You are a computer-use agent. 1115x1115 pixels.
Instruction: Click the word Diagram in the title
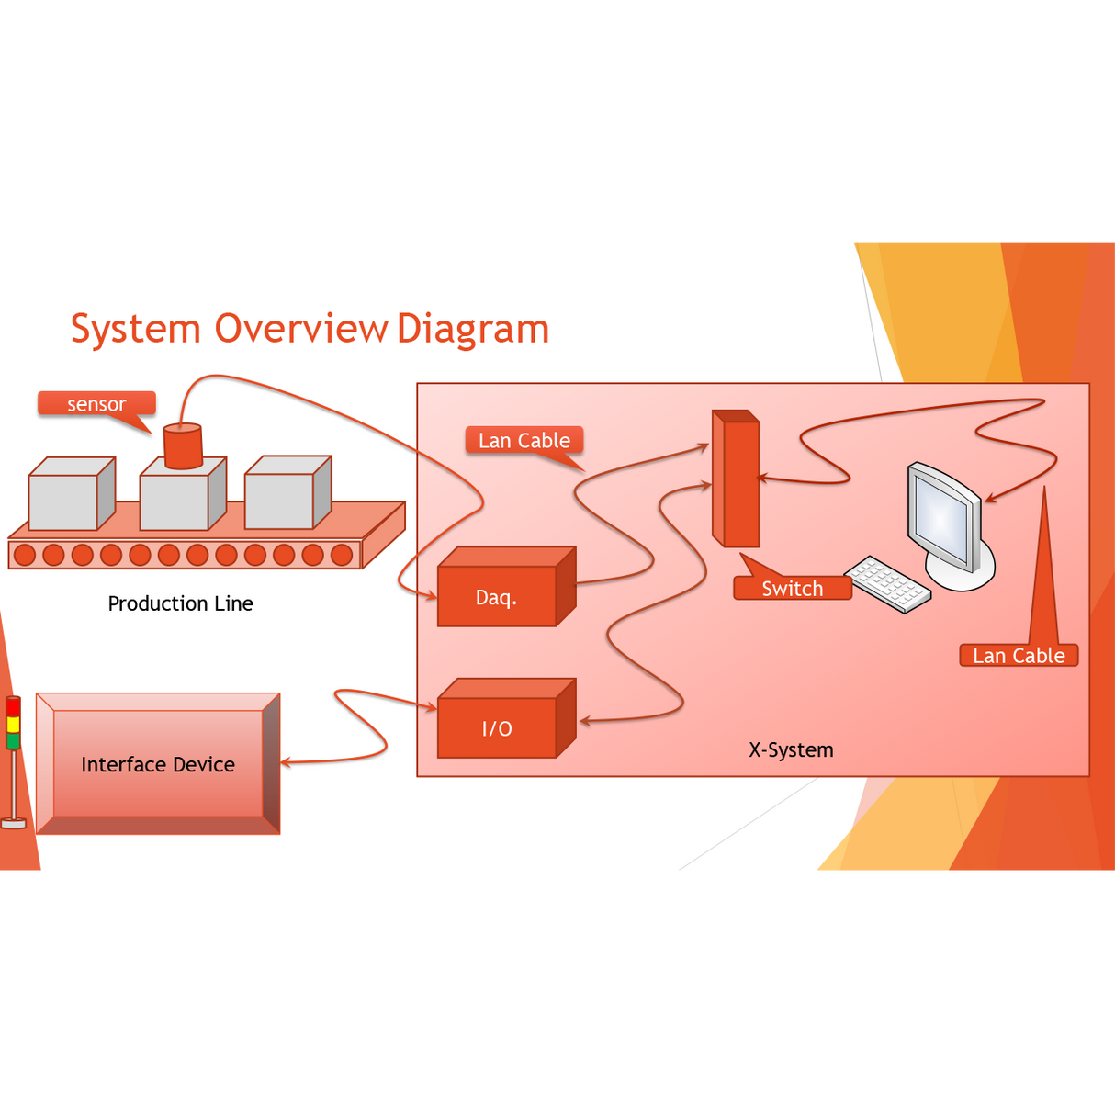(473, 329)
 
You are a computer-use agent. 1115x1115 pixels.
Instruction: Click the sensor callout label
(96, 404)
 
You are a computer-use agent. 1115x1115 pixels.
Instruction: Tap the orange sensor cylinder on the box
(183, 446)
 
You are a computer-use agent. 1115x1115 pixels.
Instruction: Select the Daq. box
(497, 597)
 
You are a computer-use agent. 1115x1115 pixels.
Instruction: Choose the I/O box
(497, 728)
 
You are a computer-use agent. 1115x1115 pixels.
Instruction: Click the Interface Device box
(158, 764)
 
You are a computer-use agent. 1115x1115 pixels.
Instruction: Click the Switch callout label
(793, 589)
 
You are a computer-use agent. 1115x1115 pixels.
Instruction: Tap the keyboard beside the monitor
(887, 583)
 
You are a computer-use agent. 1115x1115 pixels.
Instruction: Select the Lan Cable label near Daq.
(524, 441)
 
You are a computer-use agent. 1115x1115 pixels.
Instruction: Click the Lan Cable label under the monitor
(1019, 656)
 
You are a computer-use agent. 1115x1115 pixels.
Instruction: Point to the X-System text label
(791, 749)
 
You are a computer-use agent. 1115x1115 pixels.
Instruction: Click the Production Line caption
(180, 603)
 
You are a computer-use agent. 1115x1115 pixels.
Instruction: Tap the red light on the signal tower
(13, 707)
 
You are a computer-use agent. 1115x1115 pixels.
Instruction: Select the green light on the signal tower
(13, 740)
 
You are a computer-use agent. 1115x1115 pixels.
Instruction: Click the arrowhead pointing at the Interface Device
(286, 762)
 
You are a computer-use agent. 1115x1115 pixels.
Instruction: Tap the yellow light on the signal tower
(13, 724)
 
